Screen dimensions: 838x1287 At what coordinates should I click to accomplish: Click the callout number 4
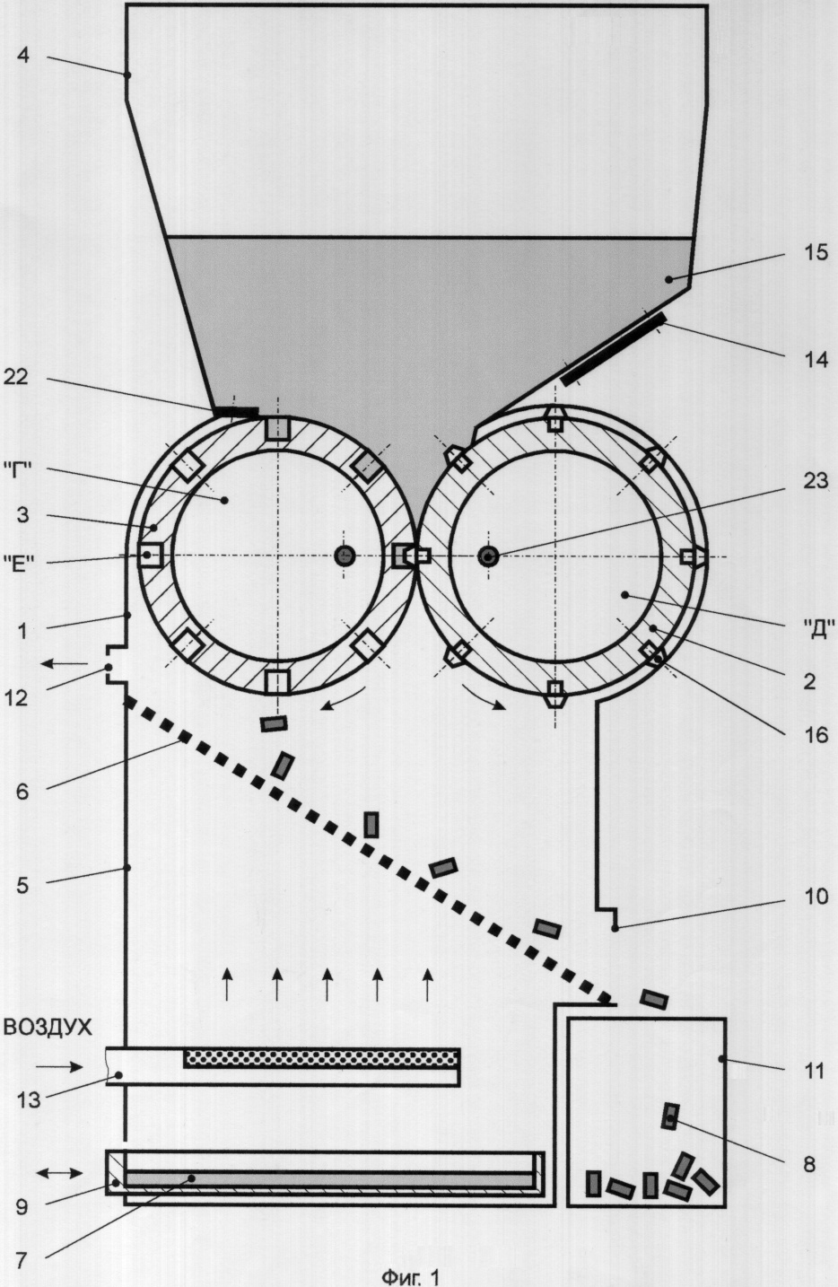[23, 57]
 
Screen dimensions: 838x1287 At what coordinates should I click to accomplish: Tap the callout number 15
[814, 253]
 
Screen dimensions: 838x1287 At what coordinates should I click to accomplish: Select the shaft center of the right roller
[488, 556]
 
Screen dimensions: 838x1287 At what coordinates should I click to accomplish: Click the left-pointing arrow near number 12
[65, 664]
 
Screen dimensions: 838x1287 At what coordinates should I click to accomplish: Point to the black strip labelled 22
[236, 411]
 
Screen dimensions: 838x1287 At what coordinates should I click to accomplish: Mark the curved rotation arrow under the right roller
[484, 697]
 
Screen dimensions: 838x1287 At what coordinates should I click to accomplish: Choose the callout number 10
[816, 897]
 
